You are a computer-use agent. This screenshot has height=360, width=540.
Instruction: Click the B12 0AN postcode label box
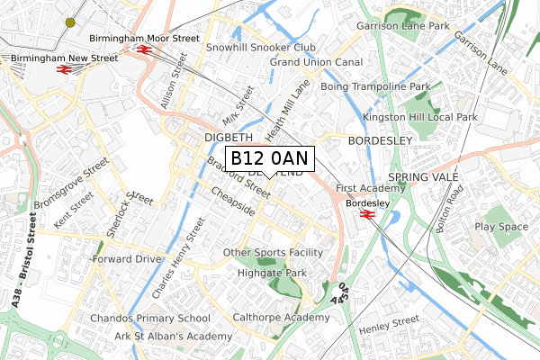click(x=269, y=158)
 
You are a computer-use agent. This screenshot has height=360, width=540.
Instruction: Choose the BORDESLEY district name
click(x=379, y=141)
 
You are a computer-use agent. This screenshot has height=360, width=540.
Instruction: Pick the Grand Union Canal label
click(x=316, y=63)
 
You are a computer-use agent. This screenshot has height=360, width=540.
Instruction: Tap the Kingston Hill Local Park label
click(x=419, y=118)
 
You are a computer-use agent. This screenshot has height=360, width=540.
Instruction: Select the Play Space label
click(x=501, y=227)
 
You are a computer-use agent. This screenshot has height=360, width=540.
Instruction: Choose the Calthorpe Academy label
click(x=281, y=318)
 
